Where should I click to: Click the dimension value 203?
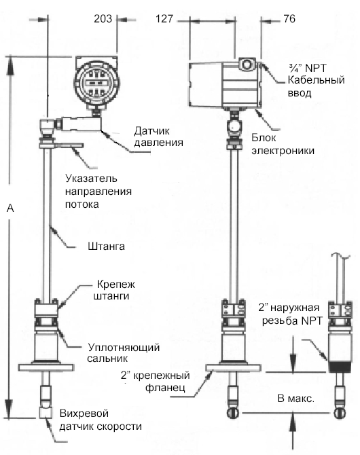[x=103, y=18]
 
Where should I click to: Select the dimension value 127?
[x=164, y=19]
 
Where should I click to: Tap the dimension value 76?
[x=289, y=18]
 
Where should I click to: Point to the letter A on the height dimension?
[x=10, y=208]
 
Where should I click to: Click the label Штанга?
[x=106, y=247]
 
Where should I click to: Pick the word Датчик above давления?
[x=152, y=131]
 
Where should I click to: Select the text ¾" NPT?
[x=307, y=68]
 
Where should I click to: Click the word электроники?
[x=283, y=151]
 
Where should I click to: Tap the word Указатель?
[x=91, y=178]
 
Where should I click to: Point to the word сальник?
[x=107, y=359]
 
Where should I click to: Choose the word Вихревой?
[x=84, y=413]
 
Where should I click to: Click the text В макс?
[x=296, y=399]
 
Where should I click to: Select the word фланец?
[x=165, y=388]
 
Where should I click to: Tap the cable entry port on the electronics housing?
[x=247, y=64]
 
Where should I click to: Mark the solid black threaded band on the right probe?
[x=340, y=367]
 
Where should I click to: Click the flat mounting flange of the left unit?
[x=46, y=367]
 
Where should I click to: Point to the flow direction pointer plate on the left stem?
[x=68, y=145]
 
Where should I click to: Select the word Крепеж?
[x=116, y=284]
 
